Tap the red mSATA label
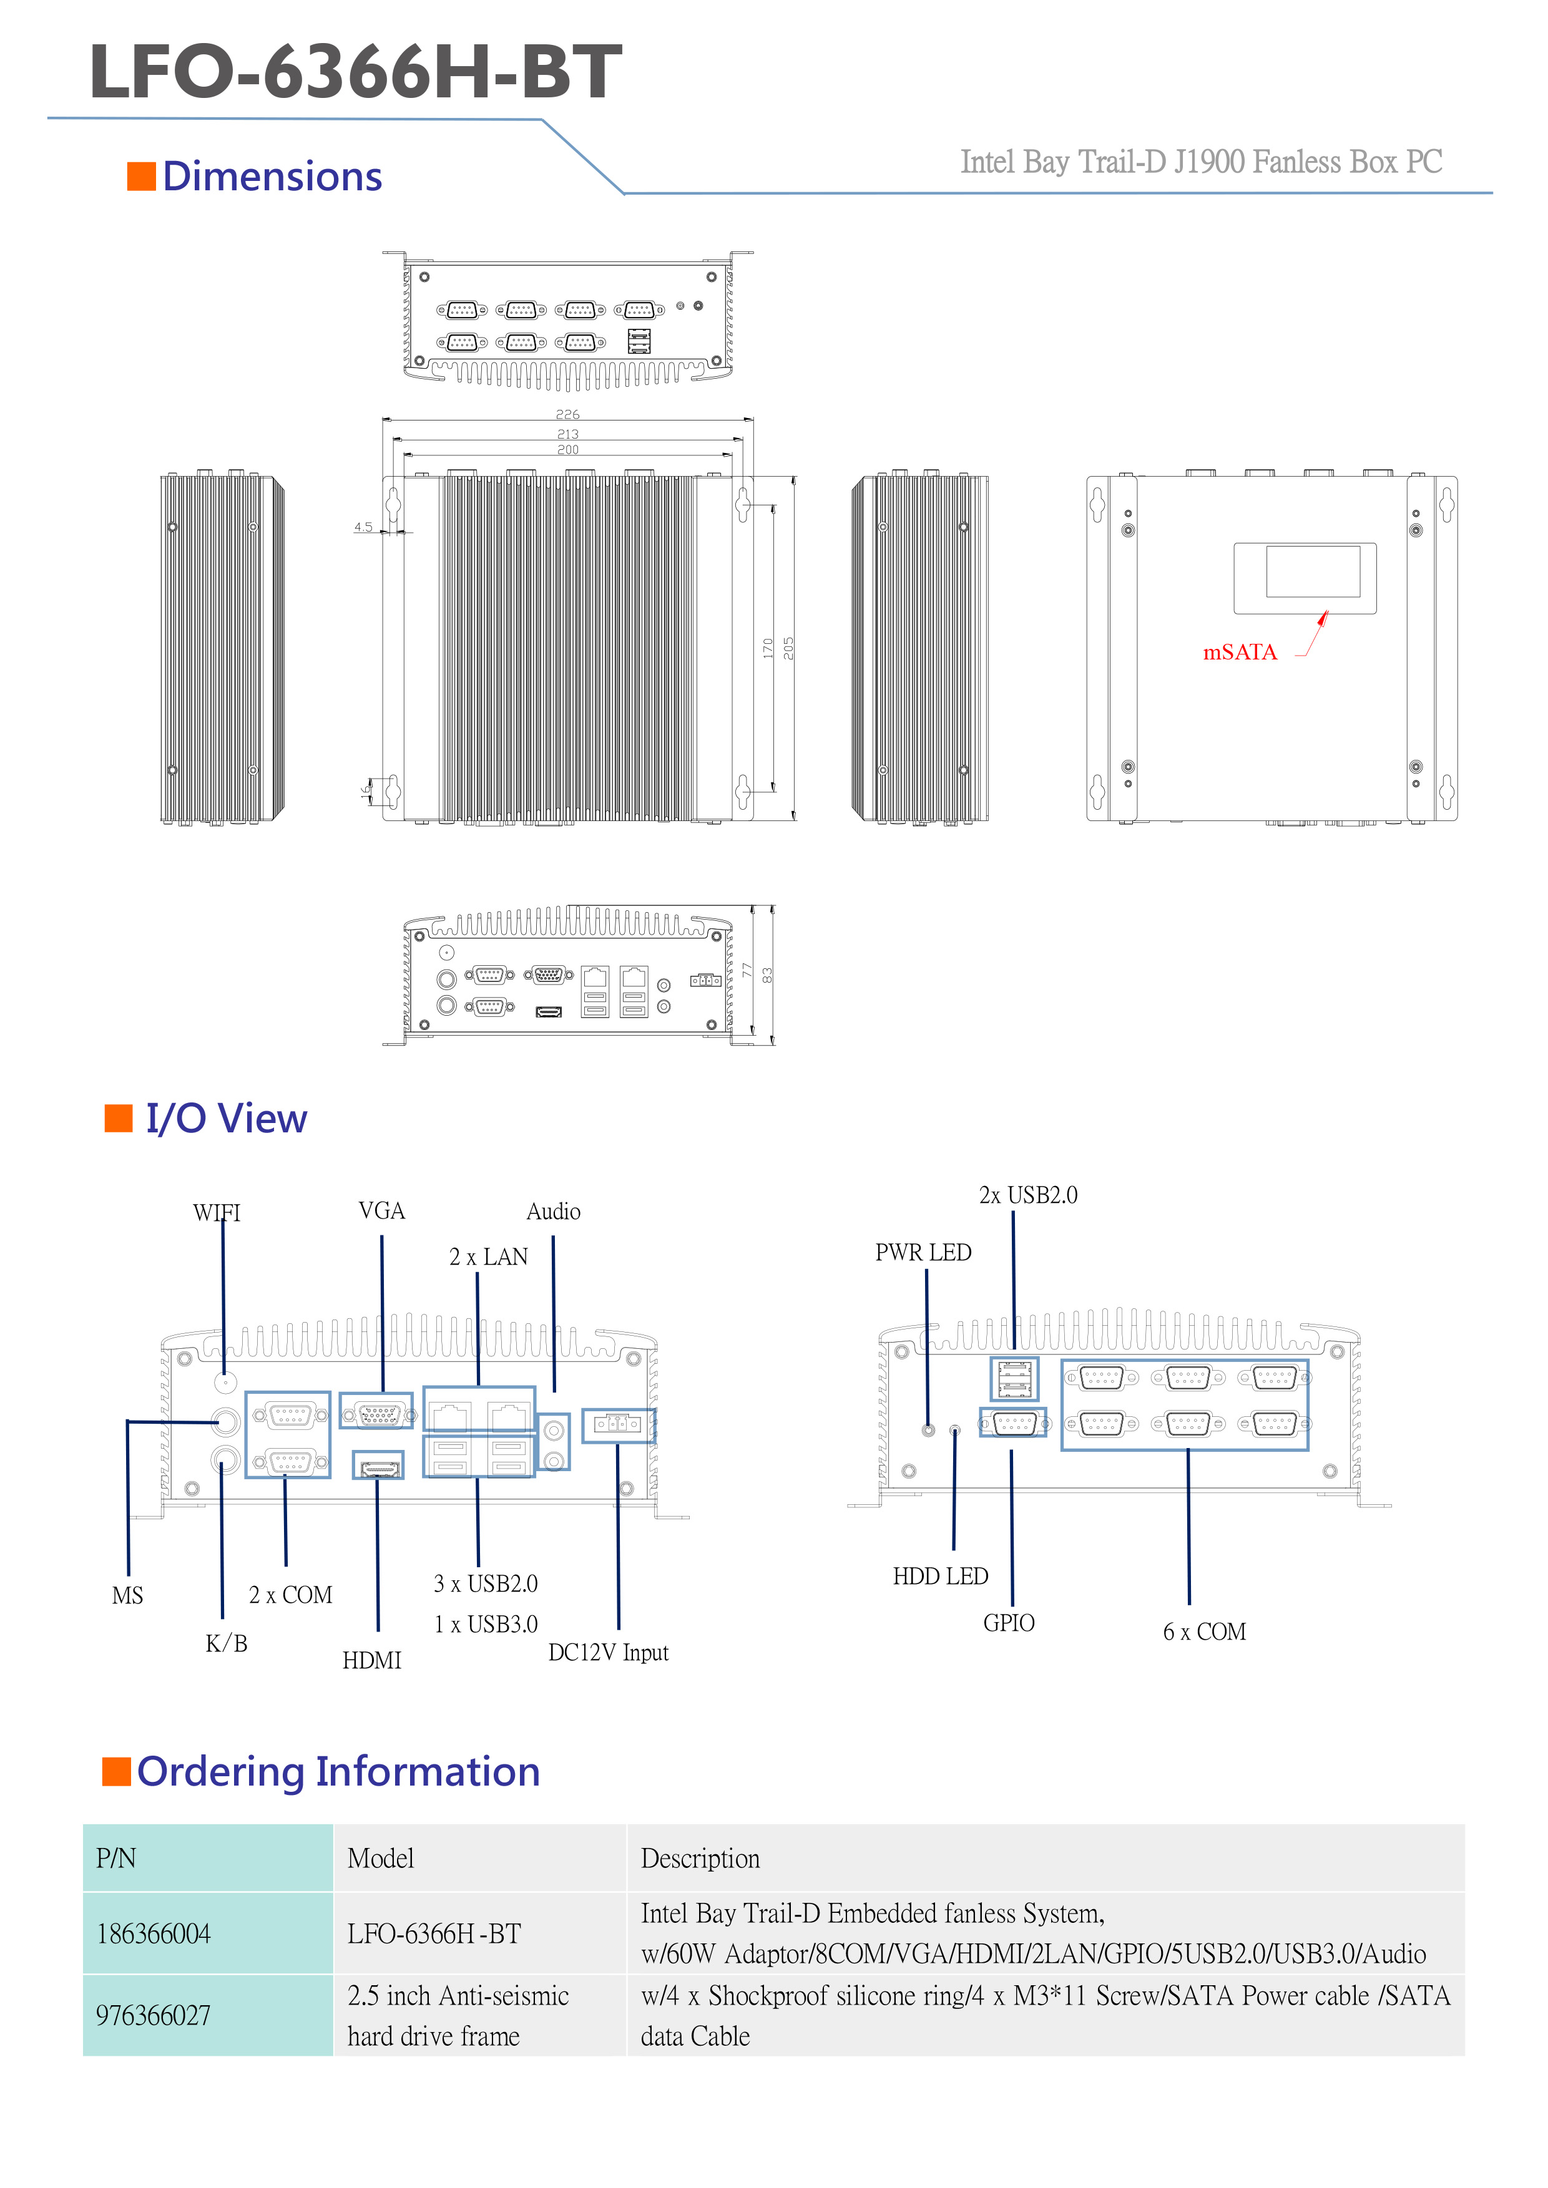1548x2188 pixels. [x=1239, y=652]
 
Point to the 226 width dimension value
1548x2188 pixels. [x=567, y=414]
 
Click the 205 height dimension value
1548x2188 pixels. [x=788, y=648]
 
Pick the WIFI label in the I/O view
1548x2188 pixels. [x=217, y=1213]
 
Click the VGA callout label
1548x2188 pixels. [x=381, y=1211]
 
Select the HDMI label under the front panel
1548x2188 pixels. [x=372, y=1661]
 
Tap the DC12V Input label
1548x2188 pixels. [x=608, y=1653]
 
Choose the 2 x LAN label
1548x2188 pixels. [x=488, y=1257]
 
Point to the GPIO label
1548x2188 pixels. [x=1009, y=1623]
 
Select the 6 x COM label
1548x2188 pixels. [x=1204, y=1633]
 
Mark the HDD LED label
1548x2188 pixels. [x=940, y=1576]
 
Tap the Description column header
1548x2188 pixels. [x=700, y=1859]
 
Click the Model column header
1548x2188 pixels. [x=380, y=1859]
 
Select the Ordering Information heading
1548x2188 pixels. [x=338, y=1772]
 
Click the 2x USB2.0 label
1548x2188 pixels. [x=1027, y=1195]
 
